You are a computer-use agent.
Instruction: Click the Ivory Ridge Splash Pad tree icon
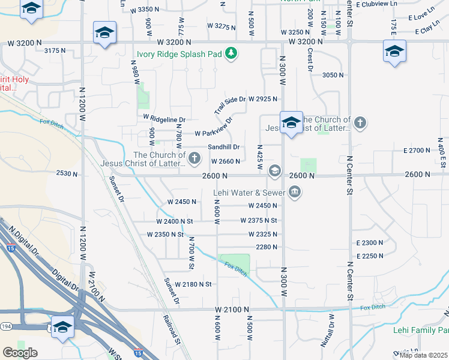coord(231,54)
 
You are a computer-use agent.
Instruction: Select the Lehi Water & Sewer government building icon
coord(295,193)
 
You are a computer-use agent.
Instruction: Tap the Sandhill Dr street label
coord(223,147)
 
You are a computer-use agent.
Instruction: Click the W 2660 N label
coord(226,161)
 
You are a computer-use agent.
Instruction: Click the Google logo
coord(20,353)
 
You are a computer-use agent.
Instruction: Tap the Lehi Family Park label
coord(421,330)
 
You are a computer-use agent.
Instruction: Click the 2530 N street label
coord(67,173)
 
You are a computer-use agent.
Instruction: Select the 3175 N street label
coord(55,51)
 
